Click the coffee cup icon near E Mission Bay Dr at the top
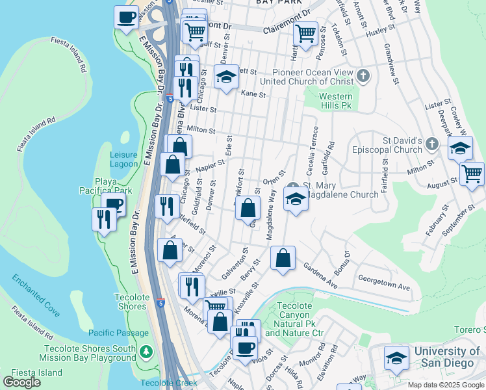(x=126, y=17)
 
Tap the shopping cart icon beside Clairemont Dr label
(x=305, y=32)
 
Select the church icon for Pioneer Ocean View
(x=363, y=77)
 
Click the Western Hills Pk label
(x=336, y=100)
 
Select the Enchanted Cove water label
(x=36, y=295)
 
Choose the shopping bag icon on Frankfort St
(x=248, y=209)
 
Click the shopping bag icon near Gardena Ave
(x=283, y=259)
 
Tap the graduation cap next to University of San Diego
(x=396, y=358)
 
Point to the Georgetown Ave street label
(x=384, y=287)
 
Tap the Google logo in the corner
(x=21, y=382)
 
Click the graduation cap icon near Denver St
(x=226, y=78)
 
